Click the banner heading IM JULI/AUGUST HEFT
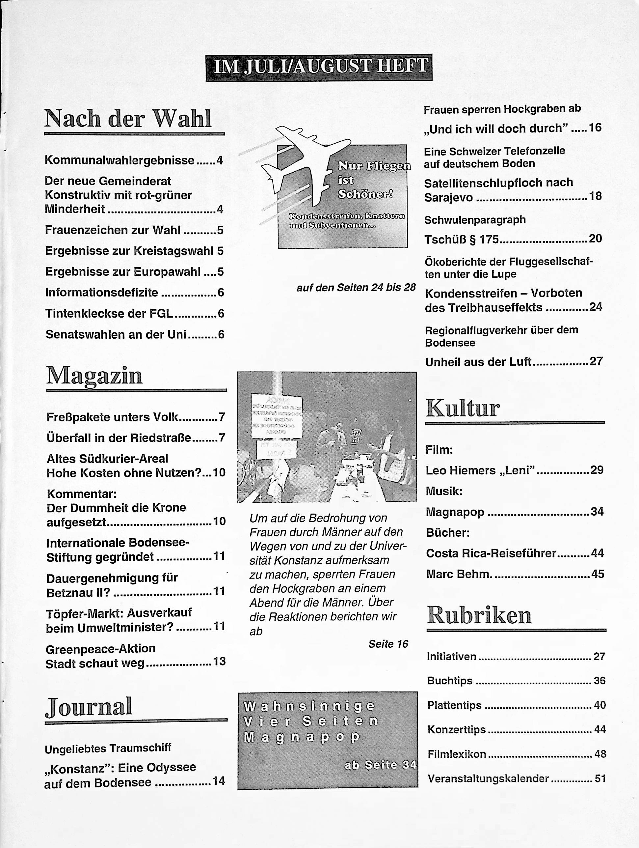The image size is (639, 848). (x=319, y=68)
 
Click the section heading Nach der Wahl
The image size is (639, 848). (x=128, y=119)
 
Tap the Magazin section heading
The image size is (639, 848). (x=94, y=375)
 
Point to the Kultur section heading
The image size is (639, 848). (x=463, y=408)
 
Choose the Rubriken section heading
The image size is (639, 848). (x=479, y=616)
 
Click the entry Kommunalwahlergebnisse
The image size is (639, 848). (x=120, y=160)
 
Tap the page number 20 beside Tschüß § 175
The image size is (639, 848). (x=595, y=239)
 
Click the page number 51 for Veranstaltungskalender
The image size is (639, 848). (x=600, y=778)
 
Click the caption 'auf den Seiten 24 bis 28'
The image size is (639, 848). (x=356, y=288)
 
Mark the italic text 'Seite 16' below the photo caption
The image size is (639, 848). (x=388, y=644)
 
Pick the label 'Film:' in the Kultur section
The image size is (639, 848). (x=439, y=450)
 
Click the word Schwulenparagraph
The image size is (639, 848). (x=475, y=220)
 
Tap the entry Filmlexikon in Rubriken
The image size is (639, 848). (x=457, y=754)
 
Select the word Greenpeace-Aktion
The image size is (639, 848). (x=100, y=649)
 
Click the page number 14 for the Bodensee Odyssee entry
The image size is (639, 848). (x=219, y=781)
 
